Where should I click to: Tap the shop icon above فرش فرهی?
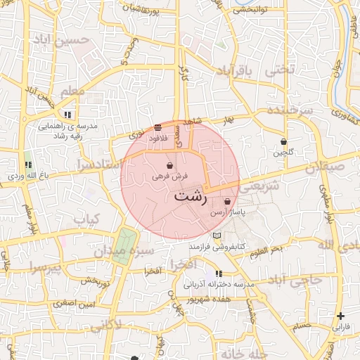tap(170, 165)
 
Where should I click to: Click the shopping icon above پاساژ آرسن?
tap(226, 202)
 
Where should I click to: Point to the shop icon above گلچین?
tap(283, 141)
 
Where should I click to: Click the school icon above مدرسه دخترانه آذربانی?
tap(219, 274)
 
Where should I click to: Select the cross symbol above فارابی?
tap(341, 316)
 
